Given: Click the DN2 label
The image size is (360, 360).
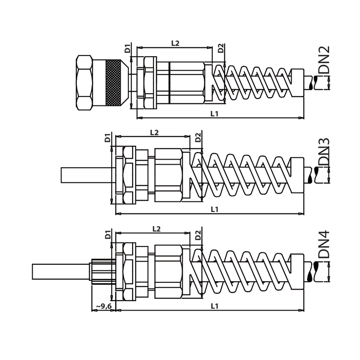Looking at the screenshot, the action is click(324, 60).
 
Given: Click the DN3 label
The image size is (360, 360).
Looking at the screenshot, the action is click(324, 152).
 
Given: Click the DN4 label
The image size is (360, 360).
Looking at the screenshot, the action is click(324, 245).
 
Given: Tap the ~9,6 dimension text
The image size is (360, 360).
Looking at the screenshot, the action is click(104, 306).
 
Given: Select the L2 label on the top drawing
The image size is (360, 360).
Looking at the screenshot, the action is click(175, 43).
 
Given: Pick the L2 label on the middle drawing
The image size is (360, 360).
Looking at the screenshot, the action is click(154, 132).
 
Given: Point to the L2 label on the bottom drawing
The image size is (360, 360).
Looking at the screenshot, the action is click(156, 229).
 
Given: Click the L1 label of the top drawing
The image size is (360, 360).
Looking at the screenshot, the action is click(214, 114).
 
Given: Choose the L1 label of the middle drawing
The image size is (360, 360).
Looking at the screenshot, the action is click(214, 209).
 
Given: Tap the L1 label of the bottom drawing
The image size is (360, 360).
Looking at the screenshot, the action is click(214, 306).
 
